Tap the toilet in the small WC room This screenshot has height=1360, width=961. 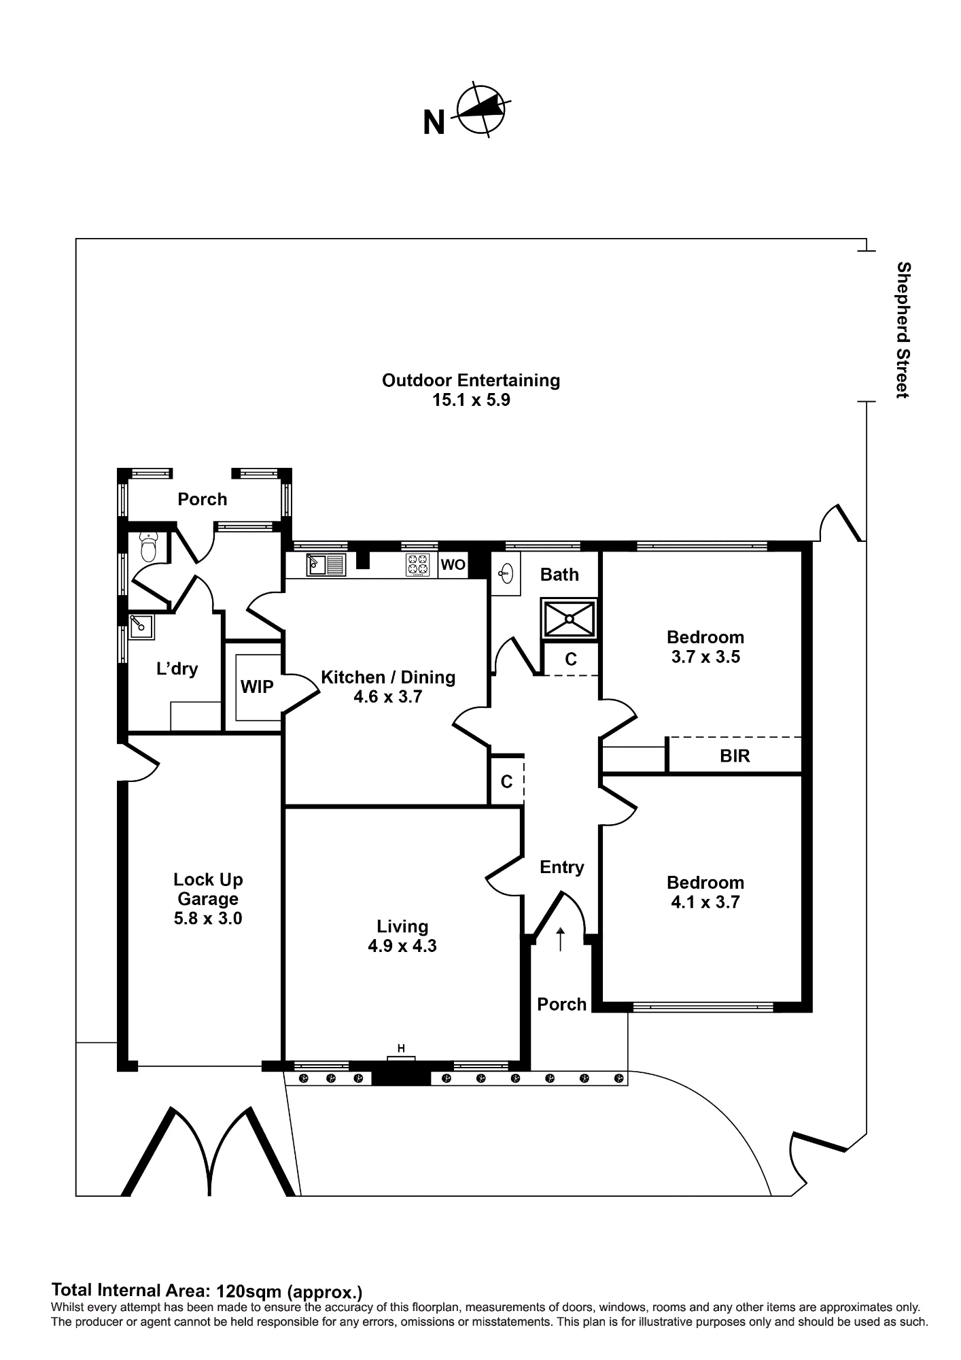tap(148, 547)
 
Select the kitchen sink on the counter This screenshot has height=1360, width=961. tap(326, 564)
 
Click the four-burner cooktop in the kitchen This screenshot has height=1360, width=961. tap(418, 565)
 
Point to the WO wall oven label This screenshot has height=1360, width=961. tap(453, 565)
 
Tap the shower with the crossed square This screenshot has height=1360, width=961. tap(569, 619)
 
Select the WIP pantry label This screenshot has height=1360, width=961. tap(257, 687)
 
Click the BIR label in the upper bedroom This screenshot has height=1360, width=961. tap(735, 755)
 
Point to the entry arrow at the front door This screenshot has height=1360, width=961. tap(560, 939)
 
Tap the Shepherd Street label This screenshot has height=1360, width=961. tap(903, 330)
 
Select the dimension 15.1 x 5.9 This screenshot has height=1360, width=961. tap(471, 400)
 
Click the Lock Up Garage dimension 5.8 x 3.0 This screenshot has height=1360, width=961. tap(208, 919)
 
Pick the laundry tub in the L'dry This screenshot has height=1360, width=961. tap(141, 627)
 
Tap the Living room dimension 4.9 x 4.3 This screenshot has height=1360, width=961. tap(402, 946)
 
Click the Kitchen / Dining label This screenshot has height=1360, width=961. tap(388, 677)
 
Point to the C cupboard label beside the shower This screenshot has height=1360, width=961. tap(571, 659)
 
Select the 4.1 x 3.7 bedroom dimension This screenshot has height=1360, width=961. tap(705, 902)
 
